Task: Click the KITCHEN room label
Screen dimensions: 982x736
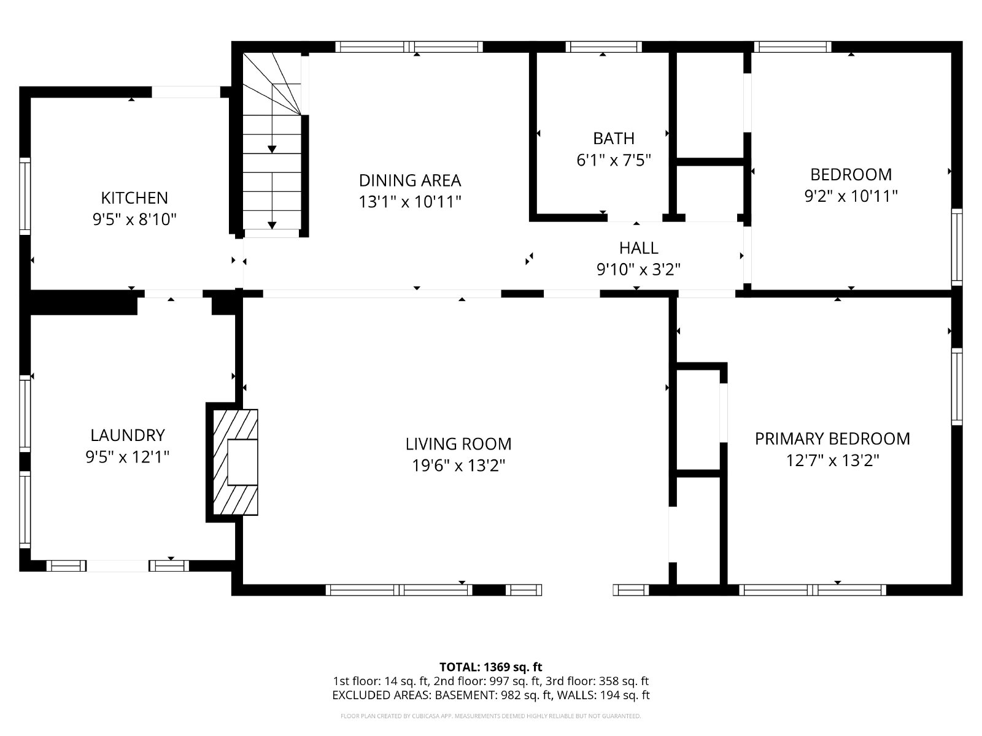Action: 134,197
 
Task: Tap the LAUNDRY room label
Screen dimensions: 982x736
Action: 128,435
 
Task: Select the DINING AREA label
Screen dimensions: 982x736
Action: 410,180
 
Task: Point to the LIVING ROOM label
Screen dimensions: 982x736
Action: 458,443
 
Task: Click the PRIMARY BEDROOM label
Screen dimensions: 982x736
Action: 833,439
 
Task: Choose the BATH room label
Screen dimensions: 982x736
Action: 614,139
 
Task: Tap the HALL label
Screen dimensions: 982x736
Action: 638,248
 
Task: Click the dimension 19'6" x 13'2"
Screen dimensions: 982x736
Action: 458,466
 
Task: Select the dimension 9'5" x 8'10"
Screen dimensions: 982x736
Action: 134,220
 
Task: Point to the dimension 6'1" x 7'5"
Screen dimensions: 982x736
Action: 614,160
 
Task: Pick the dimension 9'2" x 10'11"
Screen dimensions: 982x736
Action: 851,196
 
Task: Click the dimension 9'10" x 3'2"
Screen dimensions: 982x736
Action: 638,269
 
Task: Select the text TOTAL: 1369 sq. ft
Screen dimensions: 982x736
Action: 491,667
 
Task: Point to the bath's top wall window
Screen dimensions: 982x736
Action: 603,47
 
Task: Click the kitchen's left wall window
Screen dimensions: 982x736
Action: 25,196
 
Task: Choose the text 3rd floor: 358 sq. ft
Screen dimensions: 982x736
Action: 597,681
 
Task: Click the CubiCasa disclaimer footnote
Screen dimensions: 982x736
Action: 491,716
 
